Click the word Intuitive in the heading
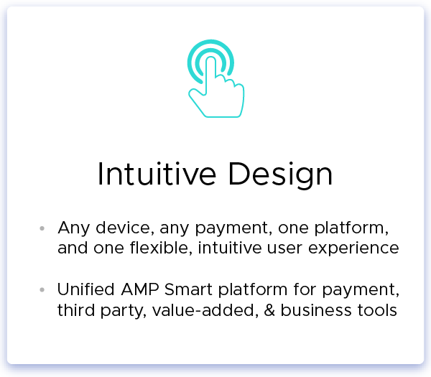[157, 174]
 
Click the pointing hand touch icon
[216, 78]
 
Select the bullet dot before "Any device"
[42, 228]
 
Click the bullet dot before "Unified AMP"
[42, 289]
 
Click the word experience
[353, 249]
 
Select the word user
[284, 248]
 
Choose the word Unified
[85, 289]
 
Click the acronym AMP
[140, 289]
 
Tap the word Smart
[188, 289]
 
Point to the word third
[75, 310]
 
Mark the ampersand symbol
[269, 310]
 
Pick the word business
[316, 310]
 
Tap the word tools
[377, 310]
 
